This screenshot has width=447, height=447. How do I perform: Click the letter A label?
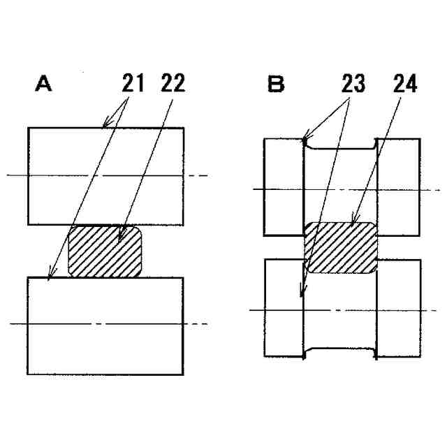(44, 85)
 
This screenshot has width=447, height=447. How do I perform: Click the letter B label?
(277, 85)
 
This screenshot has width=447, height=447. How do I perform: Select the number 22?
(172, 84)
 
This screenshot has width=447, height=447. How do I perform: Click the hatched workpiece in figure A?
(105, 251)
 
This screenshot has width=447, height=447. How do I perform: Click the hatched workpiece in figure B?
(342, 247)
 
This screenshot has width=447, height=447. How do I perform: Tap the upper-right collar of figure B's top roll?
(399, 186)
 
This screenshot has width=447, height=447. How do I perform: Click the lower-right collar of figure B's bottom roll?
(399, 308)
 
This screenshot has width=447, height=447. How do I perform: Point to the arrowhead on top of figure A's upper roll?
(105, 126)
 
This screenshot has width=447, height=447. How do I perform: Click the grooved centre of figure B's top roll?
(342, 185)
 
